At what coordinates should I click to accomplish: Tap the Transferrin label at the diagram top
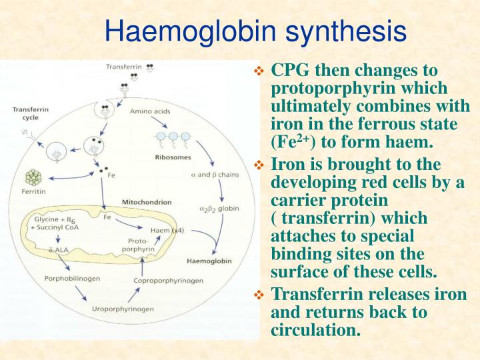click(125, 67)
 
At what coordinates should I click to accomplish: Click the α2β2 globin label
click(219, 209)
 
